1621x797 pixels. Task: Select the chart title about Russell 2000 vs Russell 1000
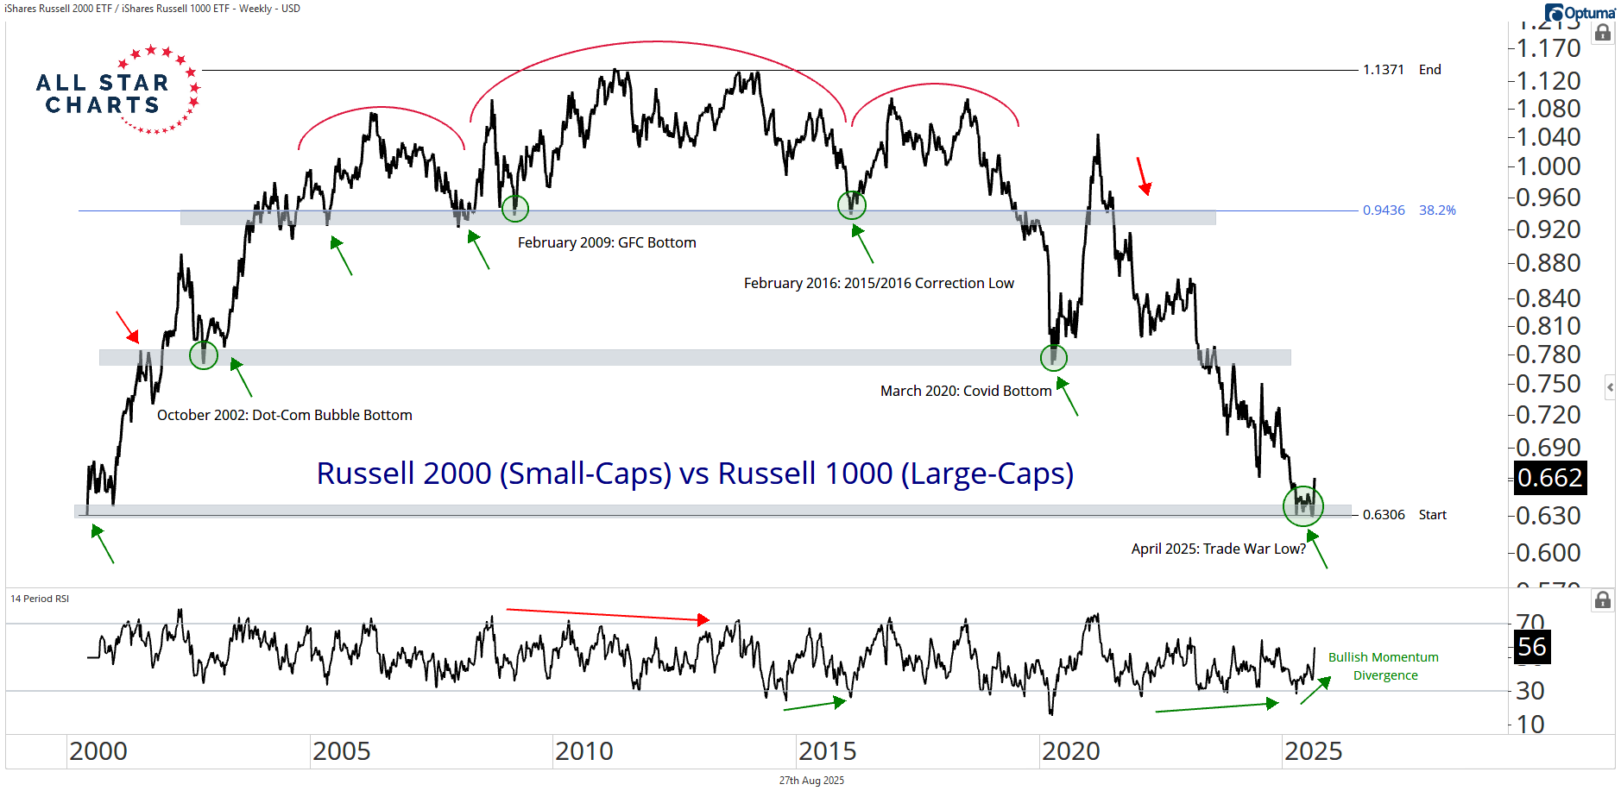695,474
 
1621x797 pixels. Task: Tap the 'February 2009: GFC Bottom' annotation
607,243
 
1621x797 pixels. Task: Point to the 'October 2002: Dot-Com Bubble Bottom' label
285,415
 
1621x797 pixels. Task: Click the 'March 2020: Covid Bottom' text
966,391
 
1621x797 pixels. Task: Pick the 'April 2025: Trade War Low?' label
1218,549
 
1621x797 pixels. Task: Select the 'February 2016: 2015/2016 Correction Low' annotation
879,283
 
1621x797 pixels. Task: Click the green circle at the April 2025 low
1302,506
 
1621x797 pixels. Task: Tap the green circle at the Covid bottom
1053,357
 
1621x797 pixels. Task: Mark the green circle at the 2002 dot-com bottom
204,355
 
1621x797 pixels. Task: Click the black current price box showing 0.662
1550,478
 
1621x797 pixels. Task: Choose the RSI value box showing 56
1532,647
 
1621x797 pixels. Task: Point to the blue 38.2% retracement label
1437,210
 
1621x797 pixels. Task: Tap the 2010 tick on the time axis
584,751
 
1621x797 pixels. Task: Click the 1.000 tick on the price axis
1548,166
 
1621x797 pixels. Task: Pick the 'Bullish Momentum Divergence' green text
1384,666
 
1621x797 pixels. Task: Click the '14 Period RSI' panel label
40,599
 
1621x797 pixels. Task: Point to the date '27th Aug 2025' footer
811,781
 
